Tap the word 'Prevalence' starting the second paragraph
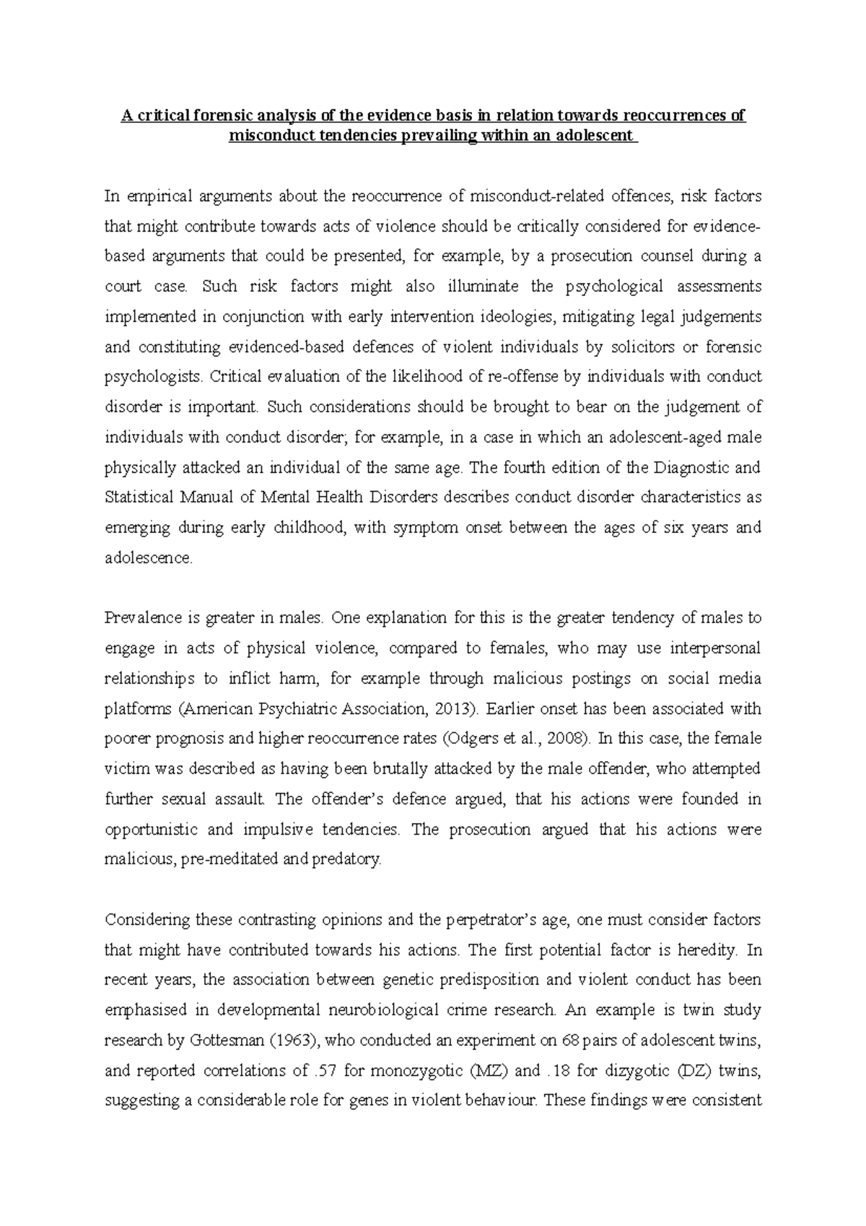[139, 618]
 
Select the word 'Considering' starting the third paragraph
[144, 920]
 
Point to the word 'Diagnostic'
[690, 467]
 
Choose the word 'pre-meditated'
[246, 860]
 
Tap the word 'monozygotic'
[415, 1071]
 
